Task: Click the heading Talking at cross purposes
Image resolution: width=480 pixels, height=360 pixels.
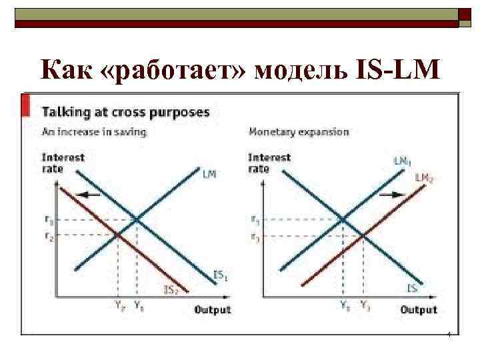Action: [126, 112]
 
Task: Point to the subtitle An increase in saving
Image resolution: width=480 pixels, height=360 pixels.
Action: [94, 132]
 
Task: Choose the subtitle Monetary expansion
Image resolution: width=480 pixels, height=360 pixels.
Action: [298, 132]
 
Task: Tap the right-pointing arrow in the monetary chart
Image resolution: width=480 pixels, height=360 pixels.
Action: [397, 195]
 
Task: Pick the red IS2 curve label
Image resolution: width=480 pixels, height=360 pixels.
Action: [171, 289]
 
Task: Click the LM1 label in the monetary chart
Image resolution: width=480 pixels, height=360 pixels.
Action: [401, 161]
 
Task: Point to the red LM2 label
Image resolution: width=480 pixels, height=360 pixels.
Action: [424, 177]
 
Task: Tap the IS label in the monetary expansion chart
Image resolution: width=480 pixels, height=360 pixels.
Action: [413, 288]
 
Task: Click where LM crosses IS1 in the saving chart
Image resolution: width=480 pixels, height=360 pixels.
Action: [137, 219]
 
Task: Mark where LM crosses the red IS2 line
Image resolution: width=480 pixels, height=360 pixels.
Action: [118, 234]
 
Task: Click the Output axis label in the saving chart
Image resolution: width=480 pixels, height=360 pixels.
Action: [213, 309]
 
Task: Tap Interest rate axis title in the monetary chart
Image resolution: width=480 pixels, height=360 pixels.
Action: [269, 163]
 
